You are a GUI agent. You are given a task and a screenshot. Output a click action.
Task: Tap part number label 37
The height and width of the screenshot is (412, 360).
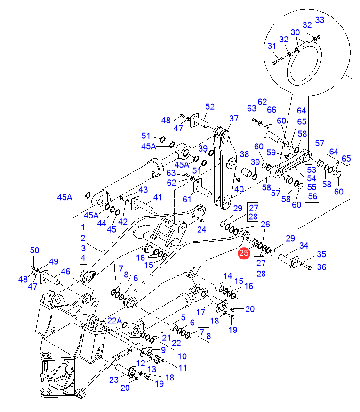(x=234, y=119)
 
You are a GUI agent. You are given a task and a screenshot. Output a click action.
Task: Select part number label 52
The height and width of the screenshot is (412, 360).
(x=209, y=107)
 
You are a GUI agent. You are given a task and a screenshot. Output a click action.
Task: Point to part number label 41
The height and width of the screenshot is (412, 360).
(x=157, y=198)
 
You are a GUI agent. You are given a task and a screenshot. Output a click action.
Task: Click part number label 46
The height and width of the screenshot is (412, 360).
(x=65, y=271)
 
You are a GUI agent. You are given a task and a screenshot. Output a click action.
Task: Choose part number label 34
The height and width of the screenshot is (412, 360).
(x=304, y=246)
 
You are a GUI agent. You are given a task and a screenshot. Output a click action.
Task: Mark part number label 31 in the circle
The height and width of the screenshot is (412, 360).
(x=272, y=46)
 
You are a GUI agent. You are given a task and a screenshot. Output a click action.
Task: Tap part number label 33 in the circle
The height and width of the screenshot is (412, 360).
(x=320, y=20)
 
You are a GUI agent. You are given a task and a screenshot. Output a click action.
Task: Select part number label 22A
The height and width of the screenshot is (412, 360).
(x=115, y=321)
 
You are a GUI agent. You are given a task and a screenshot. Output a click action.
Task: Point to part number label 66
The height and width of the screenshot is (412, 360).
(x=272, y=110)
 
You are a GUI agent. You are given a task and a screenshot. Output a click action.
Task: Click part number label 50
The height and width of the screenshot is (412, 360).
(x=35, y=250)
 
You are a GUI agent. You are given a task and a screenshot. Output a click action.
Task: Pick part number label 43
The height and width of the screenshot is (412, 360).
(x=143, y=189)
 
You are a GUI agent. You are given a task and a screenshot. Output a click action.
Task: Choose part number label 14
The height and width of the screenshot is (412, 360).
(x=228, y=276)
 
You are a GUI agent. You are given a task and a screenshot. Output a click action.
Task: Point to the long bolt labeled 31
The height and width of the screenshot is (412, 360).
(x=281, y=58)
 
